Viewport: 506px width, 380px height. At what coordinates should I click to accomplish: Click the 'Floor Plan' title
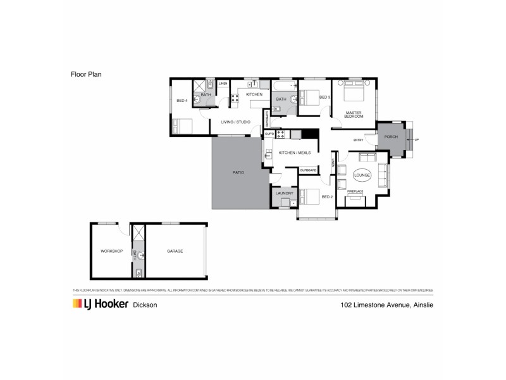coord(86,73)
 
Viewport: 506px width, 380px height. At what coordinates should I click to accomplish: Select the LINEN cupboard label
coord(223,84)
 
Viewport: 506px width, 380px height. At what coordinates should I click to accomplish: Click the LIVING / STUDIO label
coord(235,122)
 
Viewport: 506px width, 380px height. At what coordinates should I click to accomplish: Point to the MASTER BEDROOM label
coord(354,115)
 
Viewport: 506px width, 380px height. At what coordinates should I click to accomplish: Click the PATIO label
coord(238,172)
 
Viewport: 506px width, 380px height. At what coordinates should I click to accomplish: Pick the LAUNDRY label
coord(283,193)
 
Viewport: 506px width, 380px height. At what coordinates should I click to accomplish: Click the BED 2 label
coord(327,196)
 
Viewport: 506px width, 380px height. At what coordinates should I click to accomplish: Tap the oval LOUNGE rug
coord(362,174)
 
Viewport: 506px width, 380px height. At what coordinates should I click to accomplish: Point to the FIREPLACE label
coord(355,191)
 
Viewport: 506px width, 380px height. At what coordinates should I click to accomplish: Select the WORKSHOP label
coord(111,251)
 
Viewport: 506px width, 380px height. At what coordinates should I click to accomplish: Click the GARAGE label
coord(175,251)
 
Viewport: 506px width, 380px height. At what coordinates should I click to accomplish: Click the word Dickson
coord(145,305)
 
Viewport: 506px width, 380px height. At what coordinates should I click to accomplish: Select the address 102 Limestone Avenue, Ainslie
coord(385,305)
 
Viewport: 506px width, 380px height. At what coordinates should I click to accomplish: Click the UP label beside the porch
coord(417,139)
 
